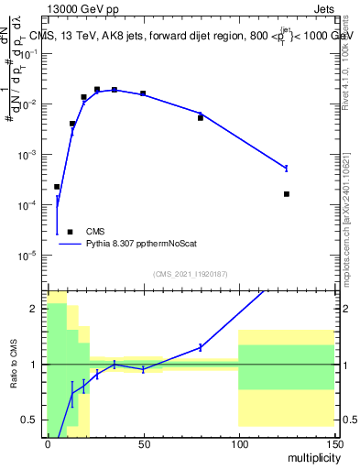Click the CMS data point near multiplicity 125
click(x=287, y=194)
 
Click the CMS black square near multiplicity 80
click(x=201, y=118)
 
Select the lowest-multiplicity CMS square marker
click(x=57, y=187)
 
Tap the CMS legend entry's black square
click(x=70, y=232)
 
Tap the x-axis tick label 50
click(x=143, y=443)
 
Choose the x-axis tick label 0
click(x=48, y=443)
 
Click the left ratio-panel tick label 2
click(x=35, y=309)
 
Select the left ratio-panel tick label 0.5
click(x=31, y=420)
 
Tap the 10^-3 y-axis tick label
click(x=29, y=155)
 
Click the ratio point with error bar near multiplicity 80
click(x=201, y=347)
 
